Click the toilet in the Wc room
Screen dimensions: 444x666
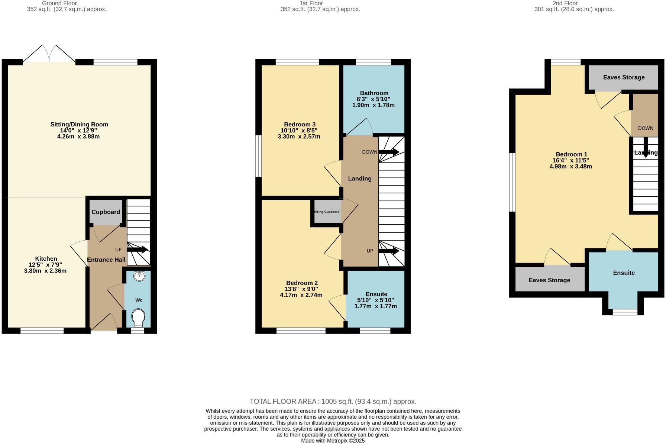pyautogui.click(x=138, y=317)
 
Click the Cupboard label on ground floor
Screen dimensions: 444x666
pyautogui.click(x=106, y=212)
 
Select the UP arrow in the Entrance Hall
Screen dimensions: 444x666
pyautogui.click(x=137, y=250)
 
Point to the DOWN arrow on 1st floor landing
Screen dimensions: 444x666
pyautogui.click(x=388, y=152)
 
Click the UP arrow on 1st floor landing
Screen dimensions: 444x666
pyautogui.click(x=388, y=251)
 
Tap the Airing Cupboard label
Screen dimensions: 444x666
pyautogui.click(x=327, y=212)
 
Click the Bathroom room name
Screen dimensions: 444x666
pyautogui.click(x=374, y=93)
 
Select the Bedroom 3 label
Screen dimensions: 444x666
pyautogui.click(x=300, y=124)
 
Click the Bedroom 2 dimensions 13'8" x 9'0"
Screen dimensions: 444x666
pyautogui.click(x=301, y=289)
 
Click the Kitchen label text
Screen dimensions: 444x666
pyautogui.click(x=46, y=258)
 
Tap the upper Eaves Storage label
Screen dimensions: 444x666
pyautogui.click(x=624, y=77)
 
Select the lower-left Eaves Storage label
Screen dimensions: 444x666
pyautogui.click(x=549, y=280)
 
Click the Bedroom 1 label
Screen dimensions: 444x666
pyautogui.click(x=571, y=154)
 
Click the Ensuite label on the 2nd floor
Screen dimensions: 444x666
pyautogui.click(x=624, y=273)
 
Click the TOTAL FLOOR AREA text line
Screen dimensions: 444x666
pyautogui.click(x=333, y=402)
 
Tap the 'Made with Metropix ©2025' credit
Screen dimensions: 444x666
pyautogui.click(x=333, y=441)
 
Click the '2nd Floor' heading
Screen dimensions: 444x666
pyautogui.click(x=565, y=3)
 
